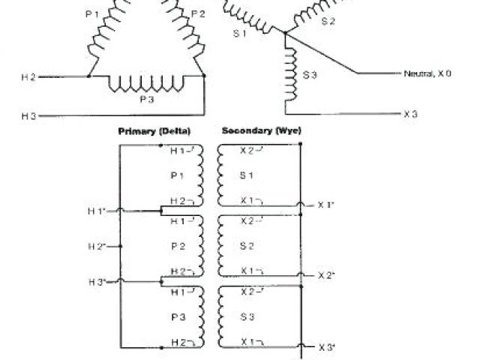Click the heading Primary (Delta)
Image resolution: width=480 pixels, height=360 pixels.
(x=149, y=131)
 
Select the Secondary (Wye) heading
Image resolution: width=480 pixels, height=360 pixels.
(x=262, y=131)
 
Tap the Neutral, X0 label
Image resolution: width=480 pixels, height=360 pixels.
(x=427, y=74)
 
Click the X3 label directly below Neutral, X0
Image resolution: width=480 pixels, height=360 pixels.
(x=410, y=114)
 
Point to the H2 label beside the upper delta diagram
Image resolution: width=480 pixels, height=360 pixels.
(x=28, y=76)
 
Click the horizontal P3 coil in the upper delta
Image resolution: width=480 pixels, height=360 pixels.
(x=147, y=82)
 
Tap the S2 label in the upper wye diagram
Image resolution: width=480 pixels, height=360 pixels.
(x=328, y=22)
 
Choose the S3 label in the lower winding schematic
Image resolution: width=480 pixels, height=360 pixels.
(x=248, y=316)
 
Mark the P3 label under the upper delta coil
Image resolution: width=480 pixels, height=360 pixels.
(x=147, y=97)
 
